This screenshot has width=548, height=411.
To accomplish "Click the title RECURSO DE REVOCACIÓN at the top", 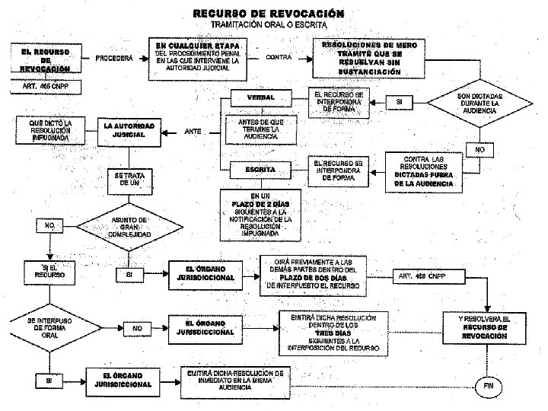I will (x=268, y=13).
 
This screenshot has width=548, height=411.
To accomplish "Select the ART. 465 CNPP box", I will (x=45, y=86).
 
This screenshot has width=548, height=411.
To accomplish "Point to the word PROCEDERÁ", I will (x=115, y=58).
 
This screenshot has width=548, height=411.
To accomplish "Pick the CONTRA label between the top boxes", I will (x=282, y=57).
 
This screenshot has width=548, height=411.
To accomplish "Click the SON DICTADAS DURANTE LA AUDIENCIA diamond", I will (x=476, y=104).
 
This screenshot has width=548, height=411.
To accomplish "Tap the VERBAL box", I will (x=260, y=98).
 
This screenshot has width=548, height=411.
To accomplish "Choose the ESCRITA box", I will (x=260, y=168).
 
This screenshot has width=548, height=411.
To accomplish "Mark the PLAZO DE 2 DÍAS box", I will (x=260, y=213).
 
